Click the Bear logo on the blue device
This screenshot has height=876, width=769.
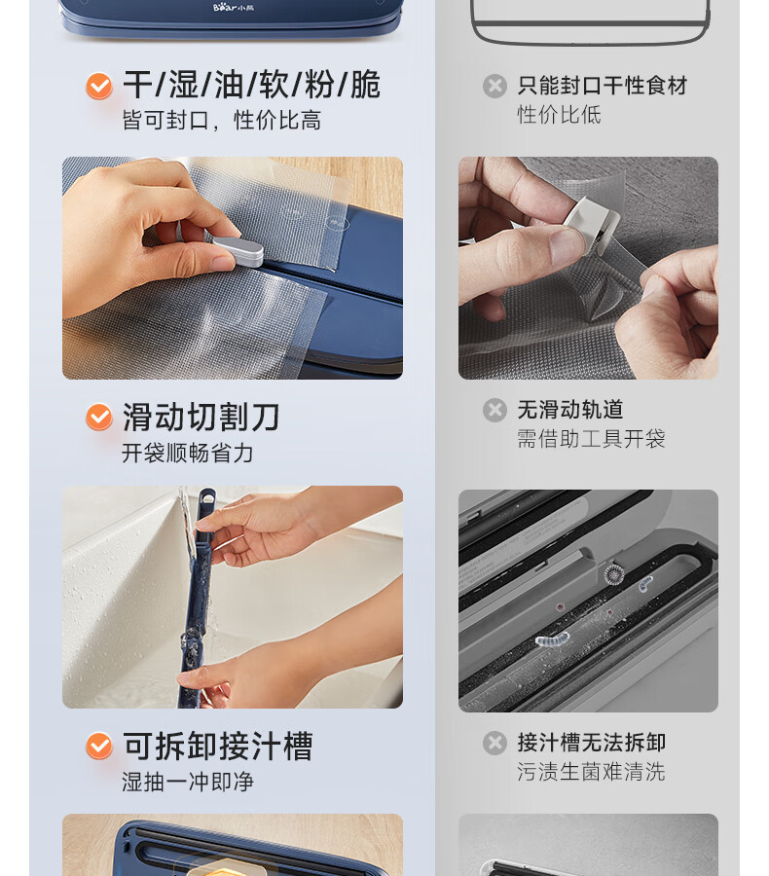pos(233,7)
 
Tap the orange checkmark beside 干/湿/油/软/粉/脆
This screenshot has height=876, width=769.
pos(99,86)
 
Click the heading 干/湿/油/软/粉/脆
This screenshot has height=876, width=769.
pos(251,85)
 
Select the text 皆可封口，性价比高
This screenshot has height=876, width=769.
pos(221,120)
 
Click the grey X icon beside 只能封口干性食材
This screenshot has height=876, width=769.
pos(494,86)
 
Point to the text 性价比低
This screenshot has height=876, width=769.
pos(559,115)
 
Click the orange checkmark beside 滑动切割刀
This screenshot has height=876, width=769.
pos(99,417)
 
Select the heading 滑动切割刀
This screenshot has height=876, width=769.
pos(201,417)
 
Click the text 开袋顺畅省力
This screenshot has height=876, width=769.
pos(188,453)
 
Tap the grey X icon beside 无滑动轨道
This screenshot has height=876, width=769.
pos(494,410)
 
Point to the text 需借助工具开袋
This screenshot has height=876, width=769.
pos(591,439)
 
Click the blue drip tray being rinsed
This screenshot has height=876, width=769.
pos(198,598)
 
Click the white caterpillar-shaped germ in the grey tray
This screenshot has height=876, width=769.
pos(552,639)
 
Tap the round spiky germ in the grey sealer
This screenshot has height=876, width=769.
pos(614,573)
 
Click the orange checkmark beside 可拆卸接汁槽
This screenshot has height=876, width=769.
pos(99,746)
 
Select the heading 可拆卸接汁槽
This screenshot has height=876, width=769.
pos(218,746)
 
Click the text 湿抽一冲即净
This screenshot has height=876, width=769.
pos(188,782)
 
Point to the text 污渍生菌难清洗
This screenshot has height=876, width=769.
pos(591,772)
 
